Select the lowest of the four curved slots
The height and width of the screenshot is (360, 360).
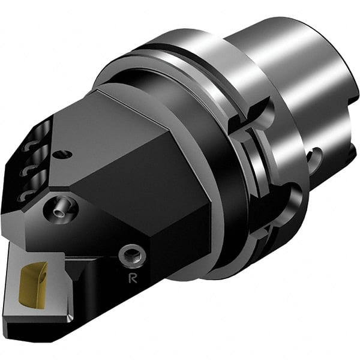point(22,196)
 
